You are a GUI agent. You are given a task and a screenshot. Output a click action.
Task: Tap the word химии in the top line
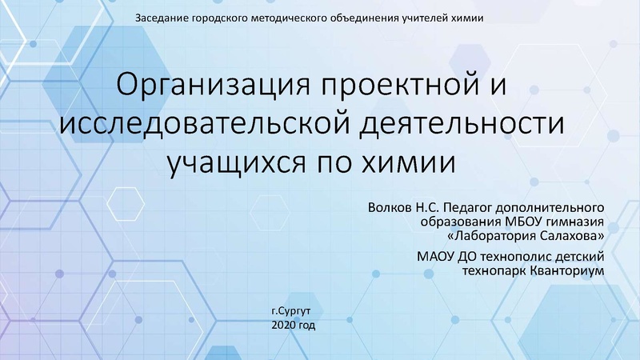467,18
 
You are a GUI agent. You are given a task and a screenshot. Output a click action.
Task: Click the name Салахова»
574,236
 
